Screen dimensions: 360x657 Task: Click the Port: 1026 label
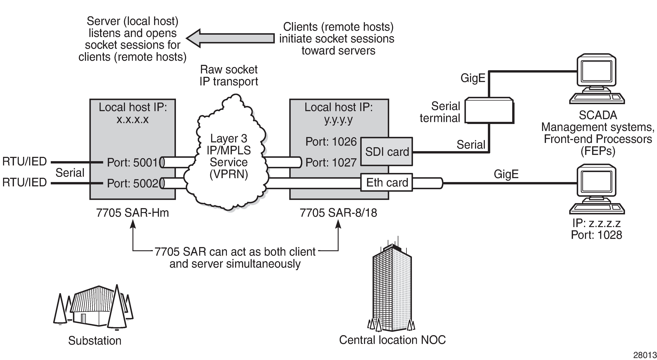pos(331,142)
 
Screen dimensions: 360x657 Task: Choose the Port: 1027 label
pos(331,162)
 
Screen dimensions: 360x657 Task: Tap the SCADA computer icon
pos(597,79)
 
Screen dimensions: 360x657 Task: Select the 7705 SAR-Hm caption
pos(132,213)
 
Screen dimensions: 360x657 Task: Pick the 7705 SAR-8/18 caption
pos(338,213)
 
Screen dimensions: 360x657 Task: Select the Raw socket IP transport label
pos(229,75)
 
